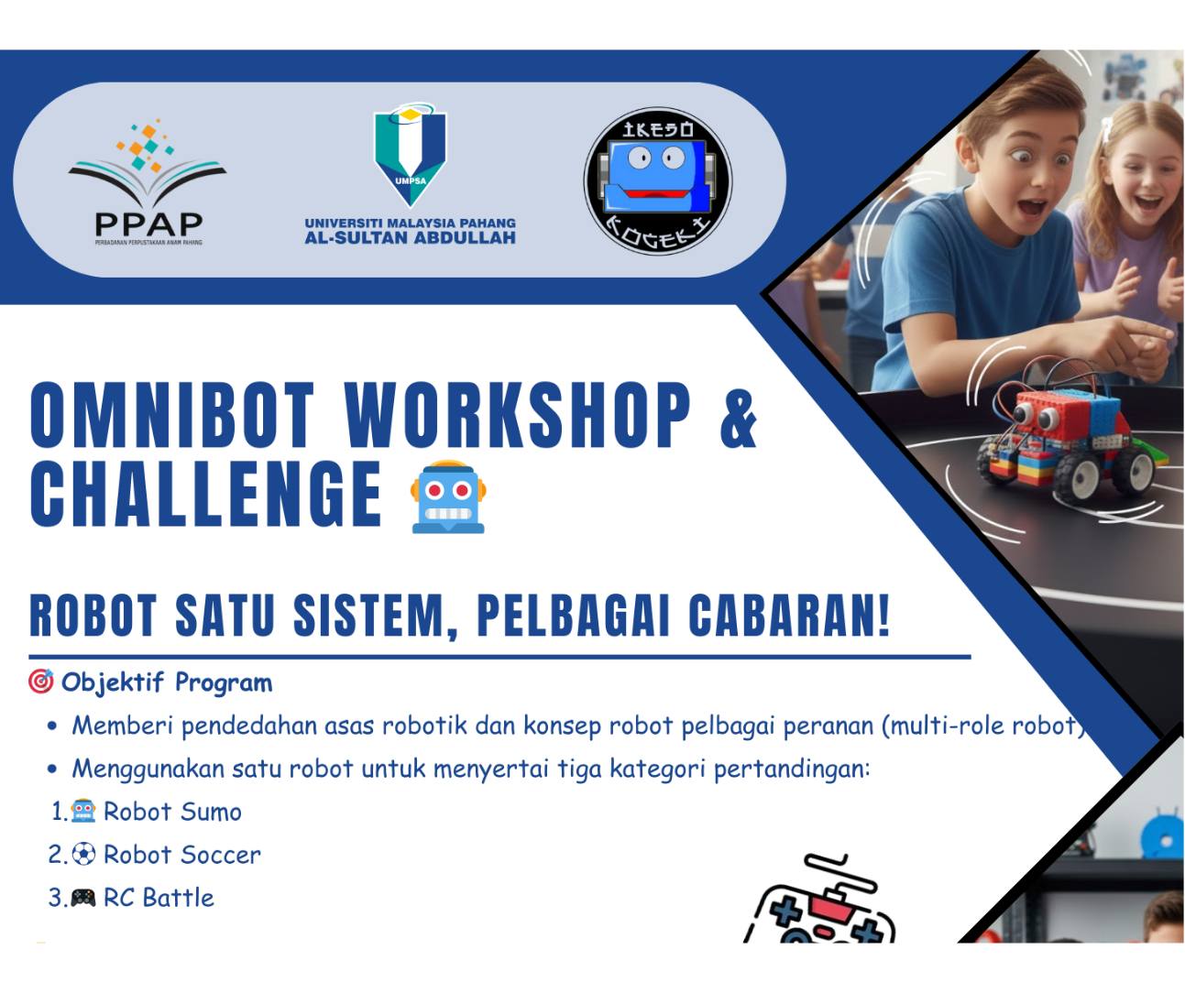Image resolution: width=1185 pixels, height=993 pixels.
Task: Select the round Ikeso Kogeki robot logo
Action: [x=658, y=180]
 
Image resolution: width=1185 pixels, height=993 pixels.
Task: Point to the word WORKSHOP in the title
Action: [x=517, y=416]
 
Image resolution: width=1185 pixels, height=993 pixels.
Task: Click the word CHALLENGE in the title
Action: [x=205, y=495]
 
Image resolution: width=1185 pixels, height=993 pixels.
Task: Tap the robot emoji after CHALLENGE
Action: [x=448, y=496]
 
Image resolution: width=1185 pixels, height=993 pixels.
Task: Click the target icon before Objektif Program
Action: [x=41, y=682]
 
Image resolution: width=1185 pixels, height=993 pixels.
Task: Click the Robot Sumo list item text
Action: [x=172, y=812]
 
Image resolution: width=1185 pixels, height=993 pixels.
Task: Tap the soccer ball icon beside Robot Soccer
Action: [x=83, y=855]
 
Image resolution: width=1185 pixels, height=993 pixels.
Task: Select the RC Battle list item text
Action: [x=159, y=898]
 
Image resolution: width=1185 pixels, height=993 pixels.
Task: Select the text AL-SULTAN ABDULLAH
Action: [x=410, y=238]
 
